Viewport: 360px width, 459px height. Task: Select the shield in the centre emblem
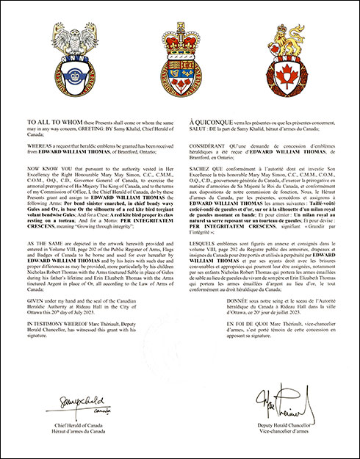click(180, 74)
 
